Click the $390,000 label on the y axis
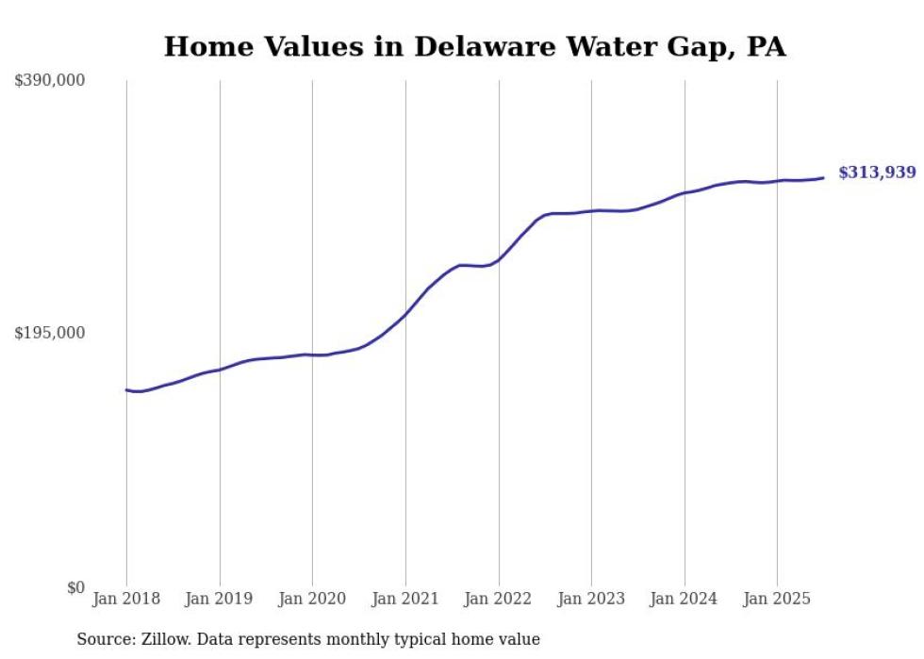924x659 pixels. pyautogui.click(x=50, y=81)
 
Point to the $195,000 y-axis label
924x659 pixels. pyautogui.click(x=50, y=333)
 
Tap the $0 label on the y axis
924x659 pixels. pyautogui.click(x=75, y=587)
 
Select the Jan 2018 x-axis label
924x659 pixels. pyautogui.click(x=126, y=599)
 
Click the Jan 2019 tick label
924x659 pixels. pyautogui.click(x=220, y=599)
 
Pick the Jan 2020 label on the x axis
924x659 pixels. pyautogui.click(x=312, y=599)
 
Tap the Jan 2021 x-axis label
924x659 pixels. pyautogui.click(x=405, y=599)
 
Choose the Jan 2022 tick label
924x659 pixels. pyautogui.click(x=499, y=599)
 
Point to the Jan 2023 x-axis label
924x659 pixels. pyautogui.click(x=591, y=599)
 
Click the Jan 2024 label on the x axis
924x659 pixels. pyautogui.click(x=685, y=599)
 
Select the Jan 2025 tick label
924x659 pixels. pyautogui.click(x=777, y=599)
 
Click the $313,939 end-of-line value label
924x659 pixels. pyautogui.click(x=877, y=173)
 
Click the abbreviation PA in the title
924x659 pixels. pyautogui.click(x=766, y=47)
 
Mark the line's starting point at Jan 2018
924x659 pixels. pyautogui.click(x=126, y=389)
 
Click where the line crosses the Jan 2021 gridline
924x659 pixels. pyautogui.click(x=405, y=314)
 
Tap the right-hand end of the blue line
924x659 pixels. pyautogui.click(x=823, y=177)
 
